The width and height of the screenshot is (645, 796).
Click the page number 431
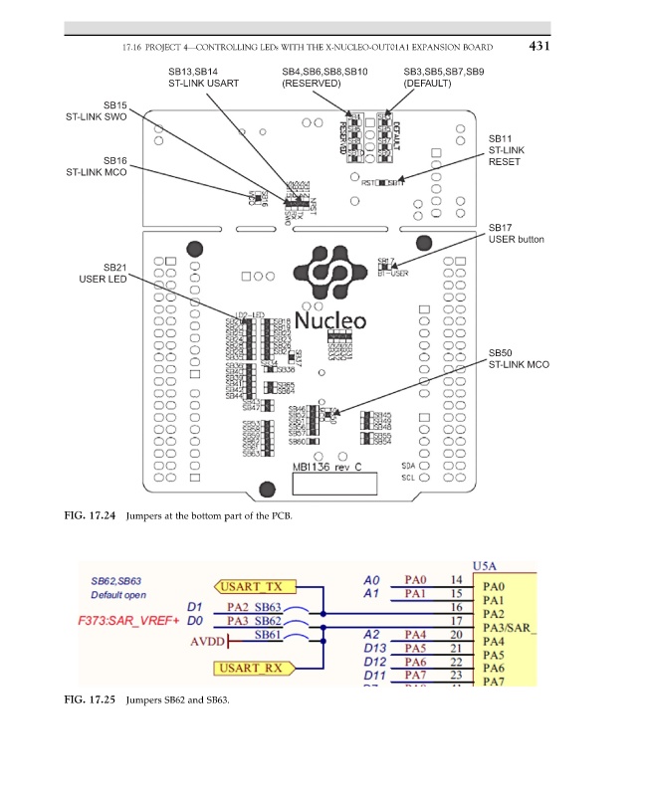(539, 46)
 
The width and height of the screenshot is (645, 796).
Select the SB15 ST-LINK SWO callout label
(96, 110)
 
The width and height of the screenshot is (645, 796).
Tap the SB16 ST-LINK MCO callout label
(96, 166)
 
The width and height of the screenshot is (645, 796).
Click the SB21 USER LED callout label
(104, 274)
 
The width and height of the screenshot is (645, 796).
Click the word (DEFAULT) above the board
(428, 84)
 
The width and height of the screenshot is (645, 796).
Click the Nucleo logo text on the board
(329, 320)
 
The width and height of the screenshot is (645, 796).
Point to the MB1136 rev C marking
(326, 466)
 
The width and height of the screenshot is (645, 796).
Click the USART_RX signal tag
(249, 667)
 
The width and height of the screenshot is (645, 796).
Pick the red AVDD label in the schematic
(206, 642)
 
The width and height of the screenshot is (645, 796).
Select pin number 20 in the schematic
(457, 634)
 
